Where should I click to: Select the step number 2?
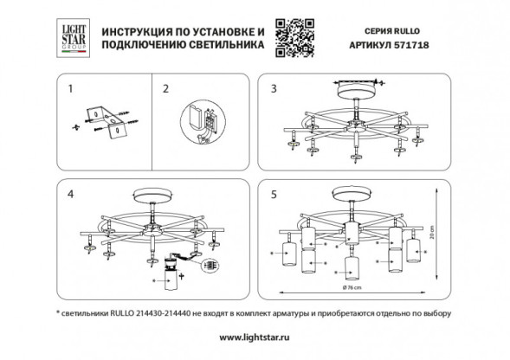(169, 87)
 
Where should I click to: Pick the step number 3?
(274, 87)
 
